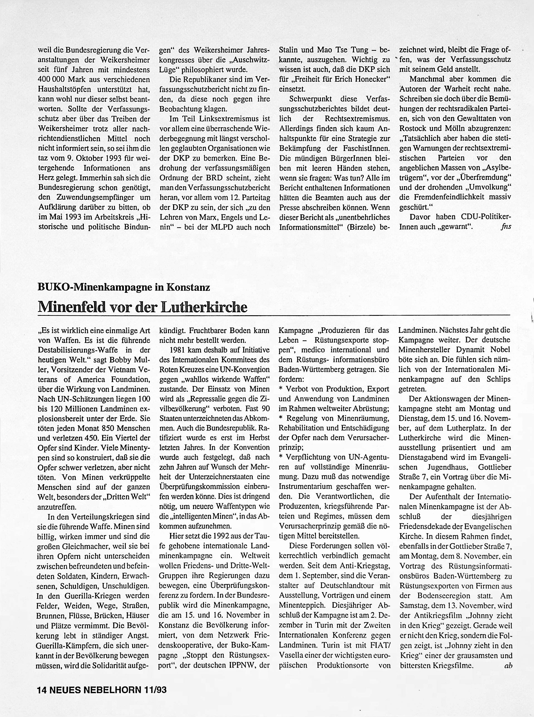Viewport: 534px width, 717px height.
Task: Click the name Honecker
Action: click(373, 80)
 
